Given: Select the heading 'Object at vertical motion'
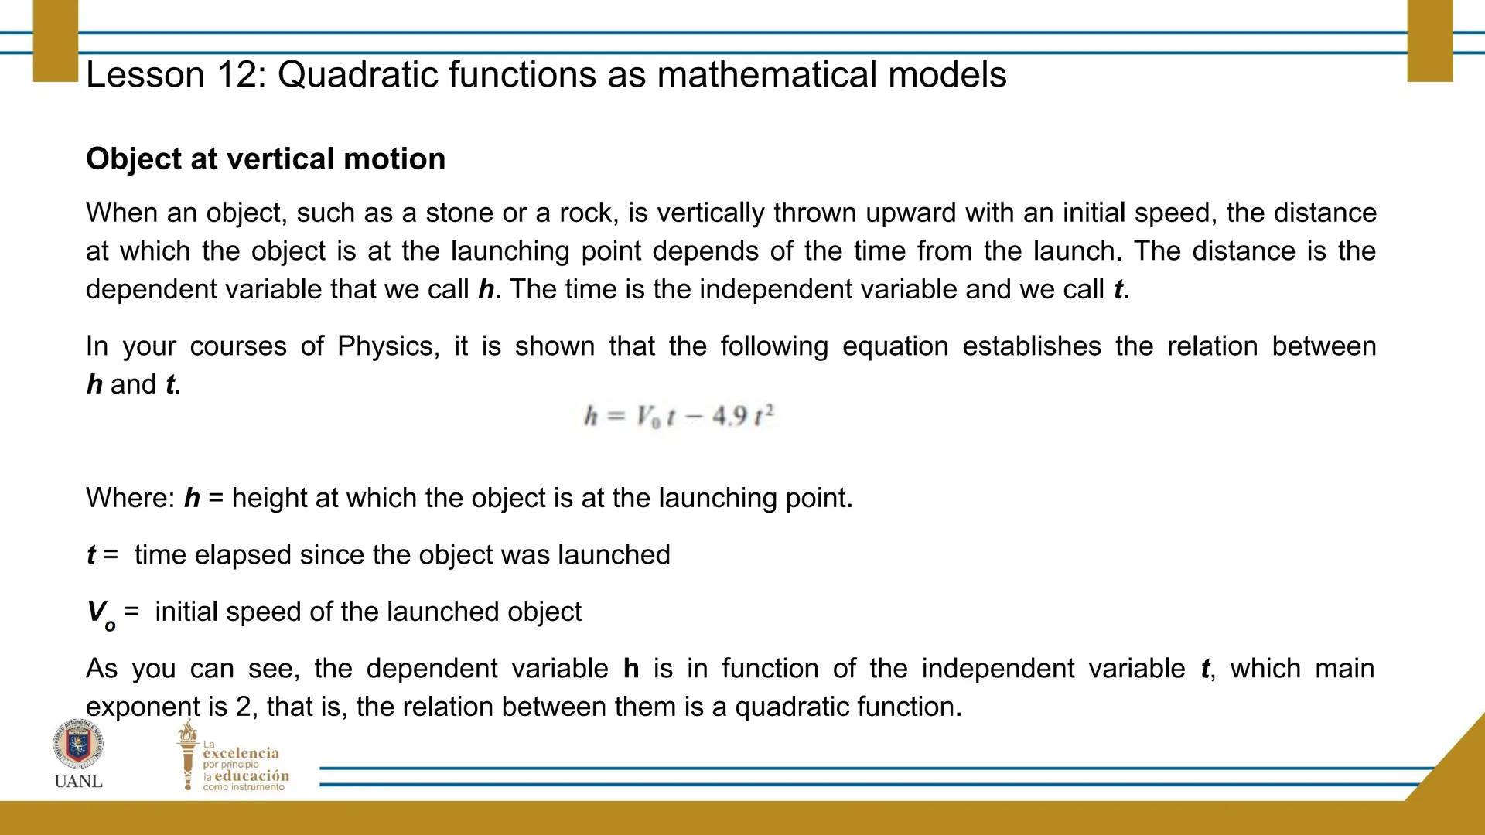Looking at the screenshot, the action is tap(266, 159).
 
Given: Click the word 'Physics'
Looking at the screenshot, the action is tap(388, 346).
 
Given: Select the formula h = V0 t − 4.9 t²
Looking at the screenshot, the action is tap(679, 416).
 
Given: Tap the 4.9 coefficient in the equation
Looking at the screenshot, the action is tap(729, 416).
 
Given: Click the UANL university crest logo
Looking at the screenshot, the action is tap(78, 744).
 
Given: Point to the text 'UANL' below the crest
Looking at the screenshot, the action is tap(78, 781).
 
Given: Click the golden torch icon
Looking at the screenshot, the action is tap(187, 755).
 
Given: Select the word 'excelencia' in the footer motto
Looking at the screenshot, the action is tap(241, 753).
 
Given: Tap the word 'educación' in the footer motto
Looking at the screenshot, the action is tap(251, 775).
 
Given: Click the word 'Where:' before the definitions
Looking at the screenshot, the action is tap(131, 498).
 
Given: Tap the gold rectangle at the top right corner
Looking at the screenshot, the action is tap(1430, 40).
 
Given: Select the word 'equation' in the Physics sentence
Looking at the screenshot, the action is tap(895, 347).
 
